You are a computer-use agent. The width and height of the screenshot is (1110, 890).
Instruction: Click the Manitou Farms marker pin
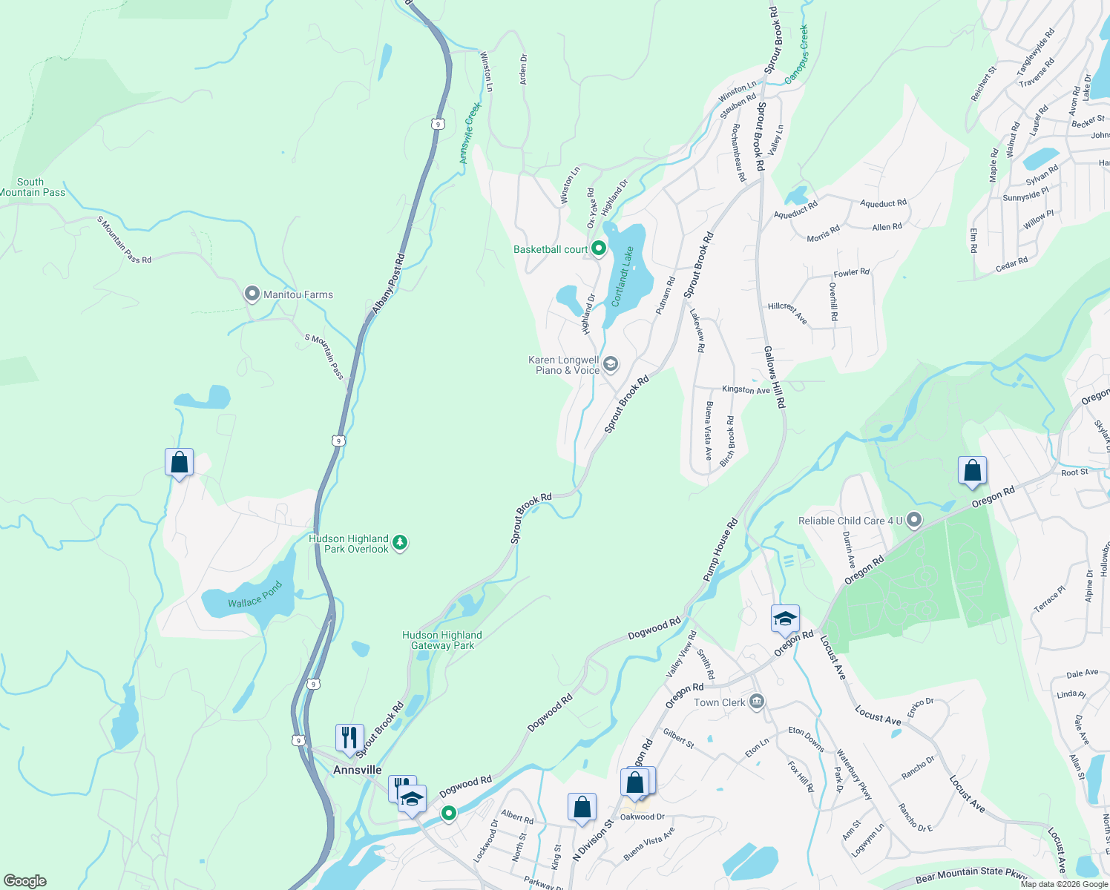[252, 294]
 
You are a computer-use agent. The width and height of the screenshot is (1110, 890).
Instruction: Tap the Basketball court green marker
[599, 249]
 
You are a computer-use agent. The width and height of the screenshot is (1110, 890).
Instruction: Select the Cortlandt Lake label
[623, 277]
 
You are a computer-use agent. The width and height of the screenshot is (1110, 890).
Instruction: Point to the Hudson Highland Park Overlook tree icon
[400, 544]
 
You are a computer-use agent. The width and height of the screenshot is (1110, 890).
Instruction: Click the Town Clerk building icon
[756, 702]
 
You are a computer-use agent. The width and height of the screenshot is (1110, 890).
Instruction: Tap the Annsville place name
[357, 770]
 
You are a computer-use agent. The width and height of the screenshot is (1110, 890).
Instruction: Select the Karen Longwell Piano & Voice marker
[610, 364]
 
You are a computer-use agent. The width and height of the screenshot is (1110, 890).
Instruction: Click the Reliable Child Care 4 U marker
[914, 521]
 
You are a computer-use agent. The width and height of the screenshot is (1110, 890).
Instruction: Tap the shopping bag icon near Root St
[972, 471]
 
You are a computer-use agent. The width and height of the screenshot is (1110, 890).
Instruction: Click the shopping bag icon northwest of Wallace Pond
[179, 463]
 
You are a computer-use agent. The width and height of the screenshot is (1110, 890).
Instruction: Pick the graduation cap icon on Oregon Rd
[785, 619]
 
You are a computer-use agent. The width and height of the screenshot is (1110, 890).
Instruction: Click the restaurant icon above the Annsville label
[349, 738]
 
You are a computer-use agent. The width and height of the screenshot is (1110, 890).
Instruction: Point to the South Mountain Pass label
[32, 187]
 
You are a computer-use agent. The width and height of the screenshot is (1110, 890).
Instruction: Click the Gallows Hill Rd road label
[774, 377]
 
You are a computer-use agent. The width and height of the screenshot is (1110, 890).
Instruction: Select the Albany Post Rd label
[389, 283]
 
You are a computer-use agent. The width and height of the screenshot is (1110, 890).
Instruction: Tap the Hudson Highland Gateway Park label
[442, 640]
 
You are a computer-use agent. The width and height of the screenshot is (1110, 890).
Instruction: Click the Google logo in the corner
[25, 881]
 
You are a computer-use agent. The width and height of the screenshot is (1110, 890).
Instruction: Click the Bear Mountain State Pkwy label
[970, 875]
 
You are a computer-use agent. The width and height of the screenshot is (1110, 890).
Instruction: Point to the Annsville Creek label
[470, 133]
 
